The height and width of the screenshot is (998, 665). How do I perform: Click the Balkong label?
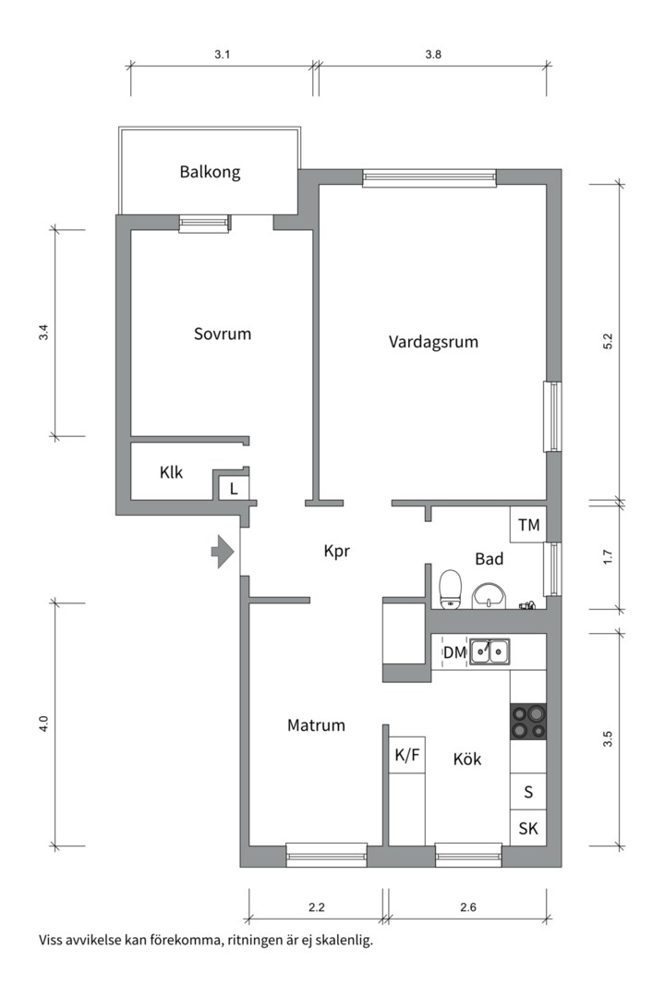(x=210, y=172)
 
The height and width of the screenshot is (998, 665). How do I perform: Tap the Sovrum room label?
(x=222, y=334)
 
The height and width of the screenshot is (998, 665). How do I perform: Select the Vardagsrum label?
(x=433, y=341)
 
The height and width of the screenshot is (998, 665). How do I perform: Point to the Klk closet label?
(x=171, y=472)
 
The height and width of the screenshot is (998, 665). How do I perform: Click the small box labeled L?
(x=234, y=488)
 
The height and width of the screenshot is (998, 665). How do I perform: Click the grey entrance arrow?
(x=223, y=552)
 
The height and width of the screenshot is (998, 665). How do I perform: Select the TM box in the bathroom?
(x=528, y=525)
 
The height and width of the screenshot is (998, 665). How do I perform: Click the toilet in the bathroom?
(x=451, y=589)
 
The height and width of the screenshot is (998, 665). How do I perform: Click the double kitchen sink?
(x=490, y=652)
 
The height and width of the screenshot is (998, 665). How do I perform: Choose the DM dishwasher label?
(x=453, y=653)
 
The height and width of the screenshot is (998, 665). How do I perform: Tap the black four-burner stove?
(x=528, y=722)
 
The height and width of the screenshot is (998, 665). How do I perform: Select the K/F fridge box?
(x=407, y=755)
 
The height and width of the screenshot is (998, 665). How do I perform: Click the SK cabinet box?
(x=528, y=828)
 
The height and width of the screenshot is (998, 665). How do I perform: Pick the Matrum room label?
(x=316, y=725)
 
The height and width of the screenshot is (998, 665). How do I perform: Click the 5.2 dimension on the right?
(x=607, y=340)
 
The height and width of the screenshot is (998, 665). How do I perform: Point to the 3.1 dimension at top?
(x=222, y=55)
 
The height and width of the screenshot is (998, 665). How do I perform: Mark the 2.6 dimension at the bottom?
(x=466, y=907)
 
